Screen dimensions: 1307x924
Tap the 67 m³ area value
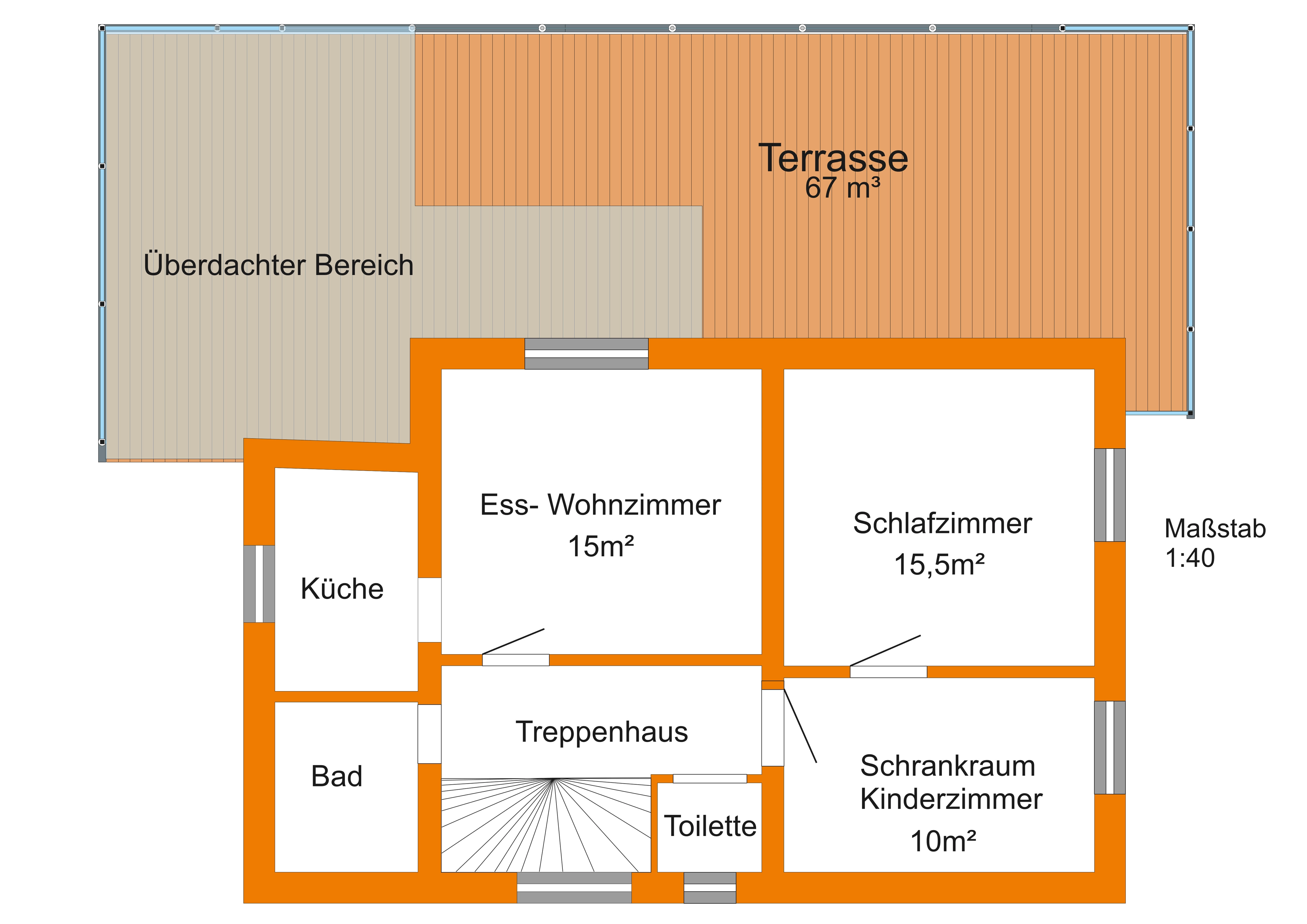tap(843, 188)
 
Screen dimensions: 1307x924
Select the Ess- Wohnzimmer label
tap(601, 505)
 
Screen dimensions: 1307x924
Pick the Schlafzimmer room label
tap(942, 524)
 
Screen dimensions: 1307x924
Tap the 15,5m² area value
tap(939, 565)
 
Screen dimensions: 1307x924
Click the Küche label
tap(342, 589)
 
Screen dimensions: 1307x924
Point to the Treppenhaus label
tap(602, 732)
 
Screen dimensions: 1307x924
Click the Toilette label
tap(710, 826)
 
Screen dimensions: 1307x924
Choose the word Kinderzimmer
tap(951, 799)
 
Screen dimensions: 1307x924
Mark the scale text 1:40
tap(1190, 558)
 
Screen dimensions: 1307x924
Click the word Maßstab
tap(1215, 529)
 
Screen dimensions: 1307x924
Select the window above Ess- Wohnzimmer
tap(586, 354)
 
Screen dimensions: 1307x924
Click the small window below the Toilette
tap(710, 888)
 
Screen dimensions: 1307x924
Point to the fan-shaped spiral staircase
tap(546, 825)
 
